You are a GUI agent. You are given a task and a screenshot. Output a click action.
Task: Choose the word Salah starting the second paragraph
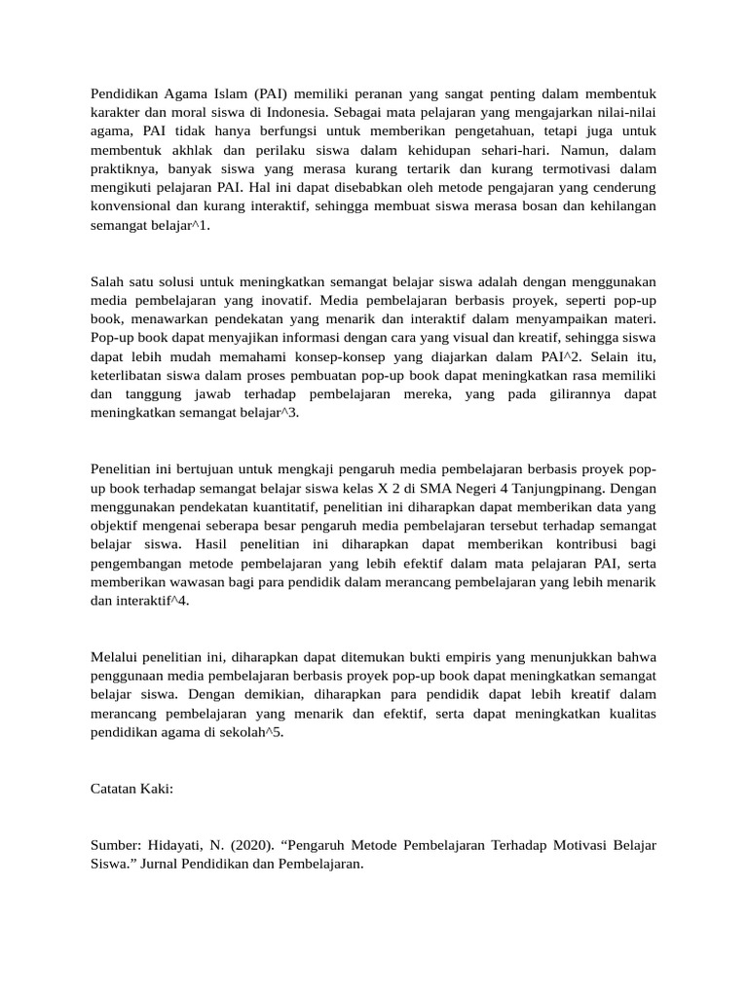[109, 281]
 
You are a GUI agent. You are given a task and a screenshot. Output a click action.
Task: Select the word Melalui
[115, 657]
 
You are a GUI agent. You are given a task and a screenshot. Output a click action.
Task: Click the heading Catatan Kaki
[131, 789]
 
